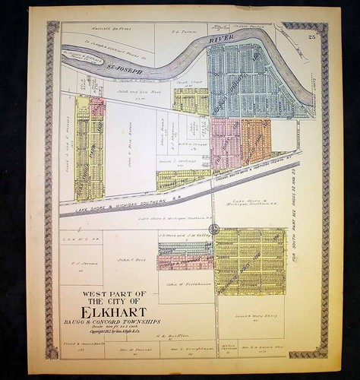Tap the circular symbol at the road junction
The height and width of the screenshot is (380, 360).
214,229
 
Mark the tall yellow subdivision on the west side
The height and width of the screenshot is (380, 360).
90,148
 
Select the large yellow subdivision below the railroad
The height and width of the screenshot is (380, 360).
250,261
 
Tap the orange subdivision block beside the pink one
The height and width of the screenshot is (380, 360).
256,141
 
